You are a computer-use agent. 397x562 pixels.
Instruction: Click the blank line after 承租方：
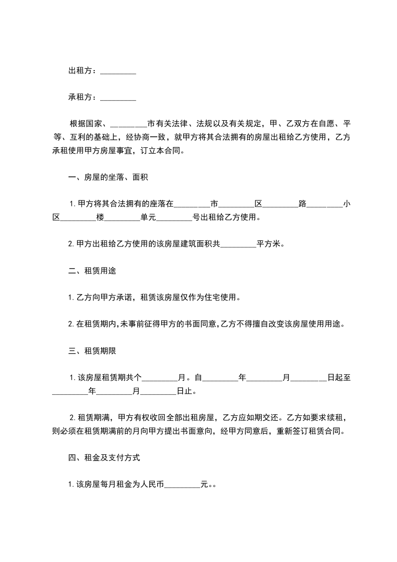coord(118,98)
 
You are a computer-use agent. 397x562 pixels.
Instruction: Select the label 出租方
coord(80,71)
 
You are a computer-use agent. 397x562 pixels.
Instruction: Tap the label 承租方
coord(80,97)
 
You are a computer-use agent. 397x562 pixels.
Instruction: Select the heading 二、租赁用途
coord(93,271)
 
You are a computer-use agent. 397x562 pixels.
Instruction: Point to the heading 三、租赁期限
coord(93,351)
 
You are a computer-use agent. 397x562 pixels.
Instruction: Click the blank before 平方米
coord(238,244)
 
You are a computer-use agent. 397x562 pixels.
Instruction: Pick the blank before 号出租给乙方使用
coord(174,218)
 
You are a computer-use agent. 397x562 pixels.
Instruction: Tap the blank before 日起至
coord(308,378)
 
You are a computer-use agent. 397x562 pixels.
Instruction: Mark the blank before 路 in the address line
coord(280,204)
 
